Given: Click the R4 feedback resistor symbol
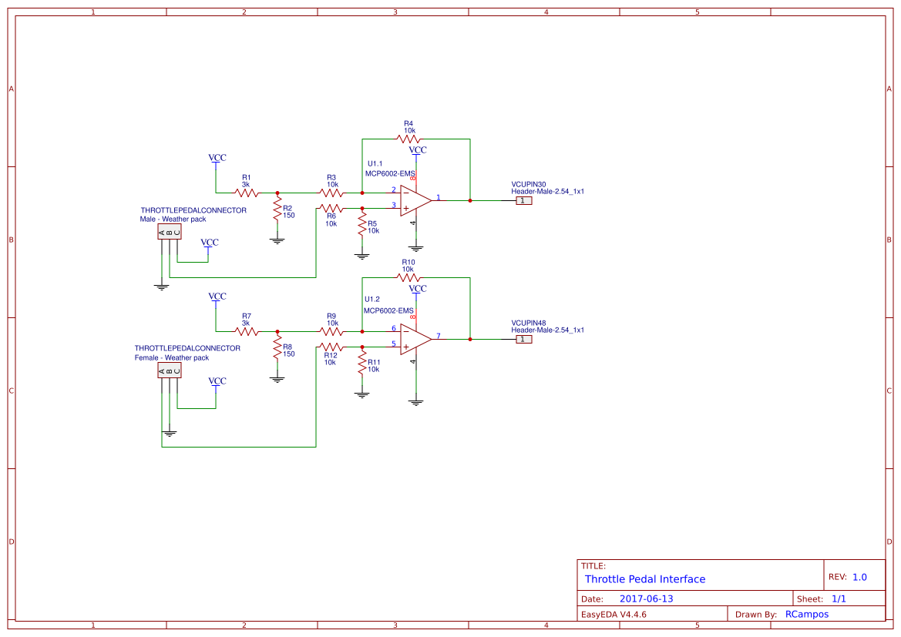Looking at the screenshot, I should pyautogui.click(x=408, y=139).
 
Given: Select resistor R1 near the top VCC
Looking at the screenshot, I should pyautogui.click(x=246, y=193).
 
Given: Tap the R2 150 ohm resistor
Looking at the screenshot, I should pyautogui.click(x=277, y=211).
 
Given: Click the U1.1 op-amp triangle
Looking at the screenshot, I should pyautogui.click(x=415, y=200).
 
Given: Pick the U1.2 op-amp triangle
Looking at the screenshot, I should pyautogui.click(x=415, y=339).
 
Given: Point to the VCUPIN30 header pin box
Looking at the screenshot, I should pyautogui.click(x=523, y=200).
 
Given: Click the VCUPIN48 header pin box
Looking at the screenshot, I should pyautogui.click(x=523, y=339).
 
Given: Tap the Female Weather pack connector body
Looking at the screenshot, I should pyautogui.click(x=169, y=370).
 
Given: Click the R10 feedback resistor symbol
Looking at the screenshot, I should pyautogui.click(x=408, y=277).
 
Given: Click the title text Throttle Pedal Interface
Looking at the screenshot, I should pyautogui.click(x=644, y=579).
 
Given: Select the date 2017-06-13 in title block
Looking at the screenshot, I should pyautogui.click(x=646, y=598).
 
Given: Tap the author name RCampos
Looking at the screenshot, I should pyautogui.click(x=806, y=614).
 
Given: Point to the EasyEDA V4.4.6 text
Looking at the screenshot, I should pyautogui.click(x=614, y=614).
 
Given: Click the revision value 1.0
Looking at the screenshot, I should pyautogui.click(x=859, y=577).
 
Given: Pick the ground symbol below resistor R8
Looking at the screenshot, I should pyautogui.click(x=277, y=379).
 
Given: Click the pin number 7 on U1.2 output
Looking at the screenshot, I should pyautogui.click(x=439, y=336).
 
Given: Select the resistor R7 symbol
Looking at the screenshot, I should pyautogui.click(x=246, y=331).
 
